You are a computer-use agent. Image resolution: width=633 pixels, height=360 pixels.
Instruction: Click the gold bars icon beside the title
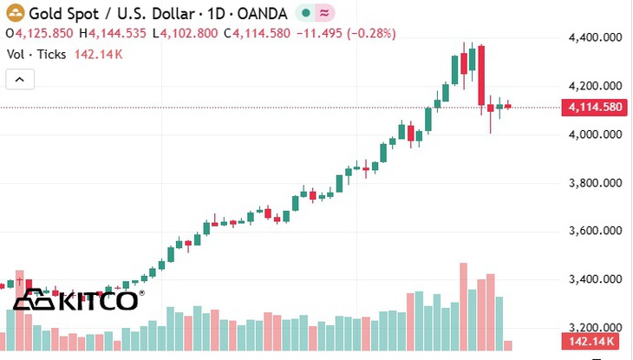(x=16, y=13)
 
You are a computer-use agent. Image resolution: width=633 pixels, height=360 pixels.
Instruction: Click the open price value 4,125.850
(x=44, y=33)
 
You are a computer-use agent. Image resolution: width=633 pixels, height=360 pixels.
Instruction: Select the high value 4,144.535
(x=117, y=33)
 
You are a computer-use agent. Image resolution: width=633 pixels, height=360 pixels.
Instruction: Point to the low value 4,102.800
(x=189, y=33)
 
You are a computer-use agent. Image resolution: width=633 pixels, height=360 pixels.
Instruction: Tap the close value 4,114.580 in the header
(x=262, y=33)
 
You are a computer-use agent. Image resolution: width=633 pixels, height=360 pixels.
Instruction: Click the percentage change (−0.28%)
(x=371, y=33)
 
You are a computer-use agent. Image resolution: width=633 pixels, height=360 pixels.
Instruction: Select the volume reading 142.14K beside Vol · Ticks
(x=99, y=54)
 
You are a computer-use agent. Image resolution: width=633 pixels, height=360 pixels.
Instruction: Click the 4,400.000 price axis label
(x=596, y=37)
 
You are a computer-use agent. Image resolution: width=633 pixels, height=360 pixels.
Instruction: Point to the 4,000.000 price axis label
(x=596, y=134)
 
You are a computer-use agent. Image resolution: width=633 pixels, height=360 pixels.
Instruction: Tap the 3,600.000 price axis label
(x=596, y=231)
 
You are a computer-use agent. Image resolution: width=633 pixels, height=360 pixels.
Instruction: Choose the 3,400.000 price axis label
(x=596, y=278)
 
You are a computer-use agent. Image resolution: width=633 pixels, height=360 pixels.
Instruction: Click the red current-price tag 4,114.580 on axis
(x=595, y=107)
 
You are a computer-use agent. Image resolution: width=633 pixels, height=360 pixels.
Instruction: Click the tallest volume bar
(x=463, y=307)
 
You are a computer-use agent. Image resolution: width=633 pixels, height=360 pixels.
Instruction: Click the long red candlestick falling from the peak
(x=481, y=75)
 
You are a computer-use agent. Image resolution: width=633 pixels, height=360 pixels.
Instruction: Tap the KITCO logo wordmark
(x=99, y=300)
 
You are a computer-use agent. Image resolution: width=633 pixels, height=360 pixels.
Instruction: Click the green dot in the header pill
(x=306, y=13)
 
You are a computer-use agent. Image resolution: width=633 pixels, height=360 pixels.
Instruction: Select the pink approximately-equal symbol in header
(x=324, y=13)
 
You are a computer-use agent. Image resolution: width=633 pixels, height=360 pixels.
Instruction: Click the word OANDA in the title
(x=263, y=14)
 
